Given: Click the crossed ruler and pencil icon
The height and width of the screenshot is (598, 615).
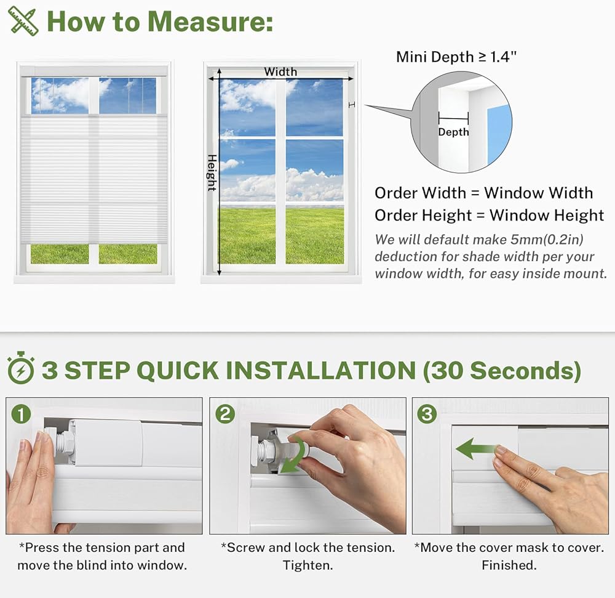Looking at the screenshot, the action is click(23, 21).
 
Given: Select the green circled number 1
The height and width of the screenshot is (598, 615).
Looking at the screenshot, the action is click(21, 414).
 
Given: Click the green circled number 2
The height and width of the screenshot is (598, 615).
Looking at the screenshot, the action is click(224, 414).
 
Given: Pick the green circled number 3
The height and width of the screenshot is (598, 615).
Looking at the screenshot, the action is click(427, 414).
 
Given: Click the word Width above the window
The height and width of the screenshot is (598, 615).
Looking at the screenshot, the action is click(280, 72).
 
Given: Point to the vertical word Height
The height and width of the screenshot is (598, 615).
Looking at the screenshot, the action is click(212, 173).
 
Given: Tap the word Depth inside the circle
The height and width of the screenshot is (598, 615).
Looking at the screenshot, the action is click(453, 132).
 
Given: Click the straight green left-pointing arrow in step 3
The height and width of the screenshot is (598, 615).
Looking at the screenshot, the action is click(477, 449).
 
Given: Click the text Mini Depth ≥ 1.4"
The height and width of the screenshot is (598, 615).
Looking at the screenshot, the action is click(456, 57).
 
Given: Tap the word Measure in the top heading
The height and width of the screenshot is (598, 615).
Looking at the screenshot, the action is click(211, 21).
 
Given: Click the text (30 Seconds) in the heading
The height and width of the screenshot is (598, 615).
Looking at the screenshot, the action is click(502, 370).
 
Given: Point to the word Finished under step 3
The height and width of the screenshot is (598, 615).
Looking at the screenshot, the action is click(509, 565).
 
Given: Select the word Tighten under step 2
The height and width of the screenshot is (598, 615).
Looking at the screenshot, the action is click(308, 565).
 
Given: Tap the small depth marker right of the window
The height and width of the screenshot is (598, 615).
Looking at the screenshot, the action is click(352, 105).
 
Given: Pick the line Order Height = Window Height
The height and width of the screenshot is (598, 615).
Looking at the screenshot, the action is click(489, 216).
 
